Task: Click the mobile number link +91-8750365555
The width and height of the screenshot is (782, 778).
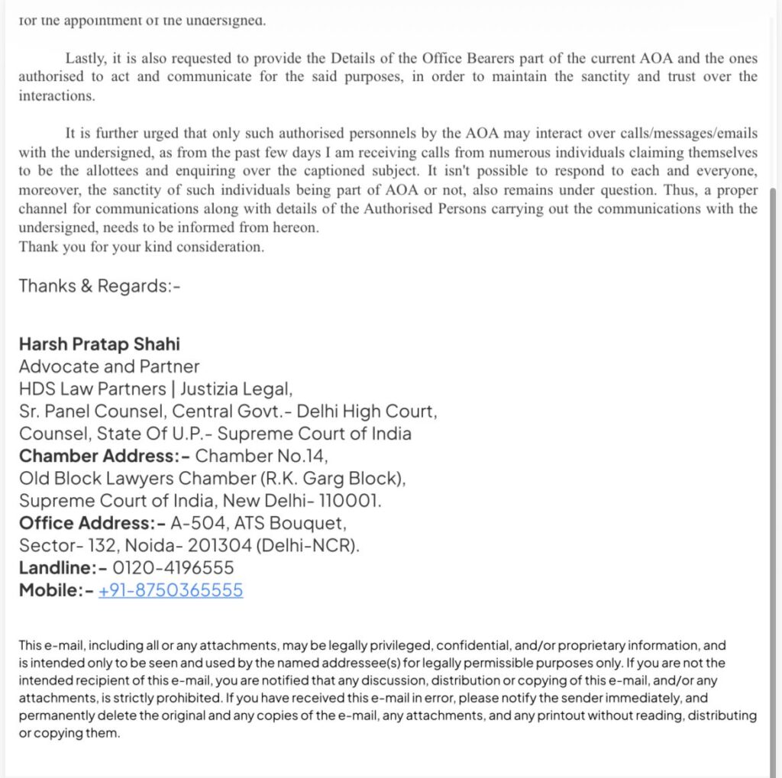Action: point(170,590)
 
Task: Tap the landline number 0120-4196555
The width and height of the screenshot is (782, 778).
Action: point(173,568)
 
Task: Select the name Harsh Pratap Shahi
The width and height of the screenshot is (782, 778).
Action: point(99,344)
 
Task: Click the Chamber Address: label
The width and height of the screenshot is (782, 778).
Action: point(104,457)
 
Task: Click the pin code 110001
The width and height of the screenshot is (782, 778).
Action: point(351,502)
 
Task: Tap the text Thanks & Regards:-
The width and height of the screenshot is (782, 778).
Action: point(100,286)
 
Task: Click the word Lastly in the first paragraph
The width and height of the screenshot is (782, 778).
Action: point(82,58)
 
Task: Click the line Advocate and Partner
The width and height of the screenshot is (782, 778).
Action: point(108,366)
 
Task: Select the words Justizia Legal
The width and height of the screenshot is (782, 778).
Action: point(236,389)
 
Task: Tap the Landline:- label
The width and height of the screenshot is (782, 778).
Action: point(63,568)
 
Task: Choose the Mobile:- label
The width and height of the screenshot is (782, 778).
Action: point(56,590)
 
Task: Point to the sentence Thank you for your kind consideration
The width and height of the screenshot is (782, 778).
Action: point(141,247)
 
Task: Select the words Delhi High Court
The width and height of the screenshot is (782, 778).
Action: point(366,412)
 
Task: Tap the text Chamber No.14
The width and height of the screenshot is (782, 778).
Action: point(261,457)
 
